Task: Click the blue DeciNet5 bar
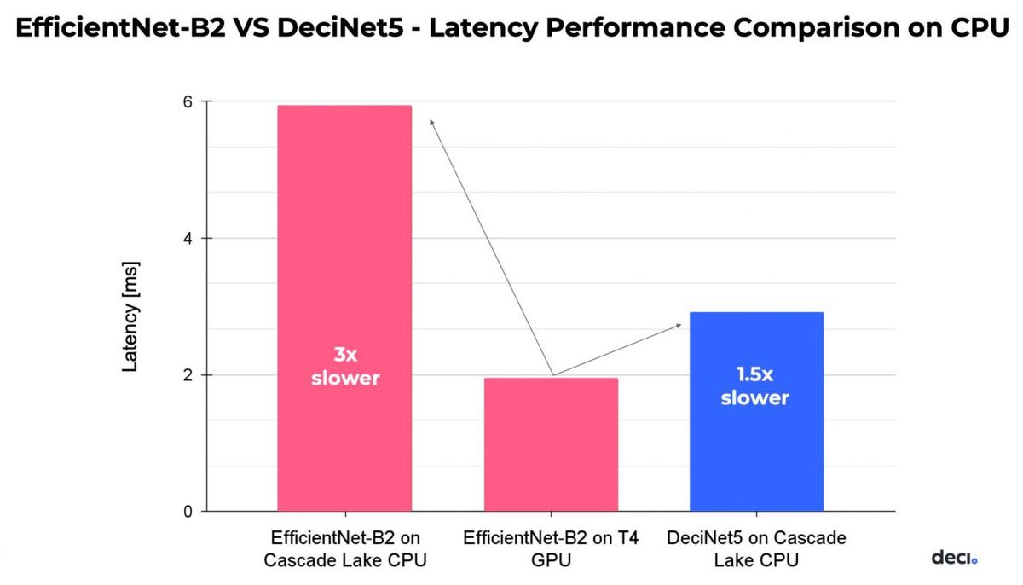(x=755, y=443)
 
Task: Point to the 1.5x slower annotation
(x=754, y=385)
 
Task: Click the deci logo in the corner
(x=953, y=558)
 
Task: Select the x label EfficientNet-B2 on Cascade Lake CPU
(x=345, y=549)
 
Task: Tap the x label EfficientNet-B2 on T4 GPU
(x=551, y=549)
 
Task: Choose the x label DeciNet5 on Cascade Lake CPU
(x=756, y=549)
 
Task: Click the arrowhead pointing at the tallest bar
(x=432, y=123)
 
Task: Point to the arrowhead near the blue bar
(x=678, y=325)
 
